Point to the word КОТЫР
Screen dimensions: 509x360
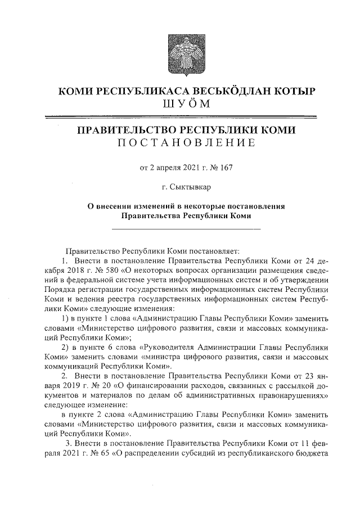coord(295,91)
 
